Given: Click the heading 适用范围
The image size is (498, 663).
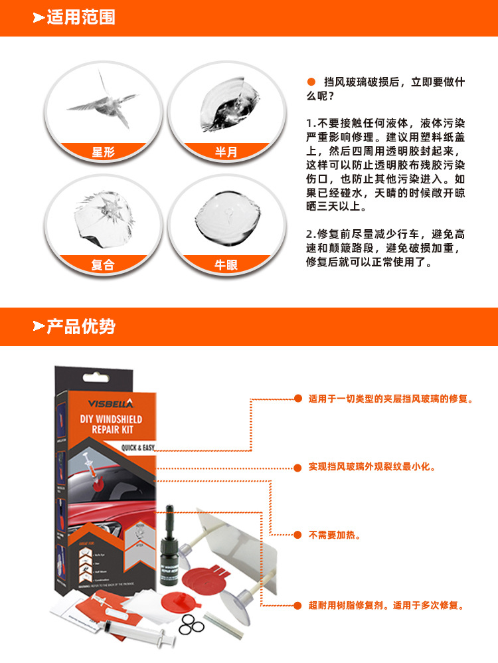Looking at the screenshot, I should [x=80, y=17].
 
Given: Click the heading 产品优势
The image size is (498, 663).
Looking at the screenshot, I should [x=80, y=326].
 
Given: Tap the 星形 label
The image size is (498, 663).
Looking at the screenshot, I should [x=103, y=152].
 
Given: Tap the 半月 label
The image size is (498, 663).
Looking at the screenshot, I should [x=226, y=152].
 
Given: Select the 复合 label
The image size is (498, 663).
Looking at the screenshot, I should [x=103, y=264].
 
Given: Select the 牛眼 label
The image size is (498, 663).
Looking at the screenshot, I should [x=226, y=264].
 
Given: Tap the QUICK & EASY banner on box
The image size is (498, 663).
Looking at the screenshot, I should [x=137, y=448].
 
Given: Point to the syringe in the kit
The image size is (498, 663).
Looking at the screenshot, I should [x=136, y=631].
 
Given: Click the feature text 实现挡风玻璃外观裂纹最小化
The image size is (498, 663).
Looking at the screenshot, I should [x=372, y=467].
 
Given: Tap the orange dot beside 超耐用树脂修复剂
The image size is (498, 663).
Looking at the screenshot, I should [x=297, y=606].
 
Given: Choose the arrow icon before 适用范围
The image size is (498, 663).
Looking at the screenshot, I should [x=39, y=18].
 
